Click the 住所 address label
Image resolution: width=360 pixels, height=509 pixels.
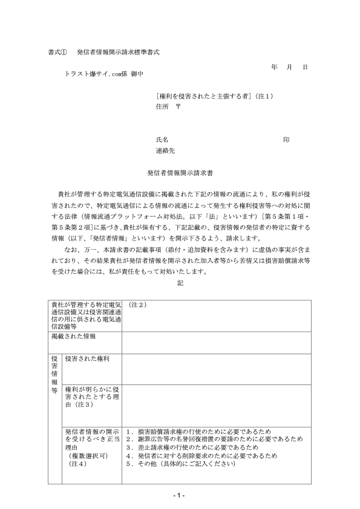(x=162, y=106)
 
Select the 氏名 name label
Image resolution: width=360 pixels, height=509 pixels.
(x=162, y=140)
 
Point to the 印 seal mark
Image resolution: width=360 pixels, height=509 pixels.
(x=286, y=140)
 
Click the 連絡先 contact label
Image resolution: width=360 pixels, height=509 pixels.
(x=165, y=151)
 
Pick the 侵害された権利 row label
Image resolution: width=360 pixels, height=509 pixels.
(x=87, y=358)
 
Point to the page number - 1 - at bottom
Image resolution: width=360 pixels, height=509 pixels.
(x=180, y=496)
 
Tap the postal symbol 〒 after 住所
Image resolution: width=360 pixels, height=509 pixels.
(x=178, y=106)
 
